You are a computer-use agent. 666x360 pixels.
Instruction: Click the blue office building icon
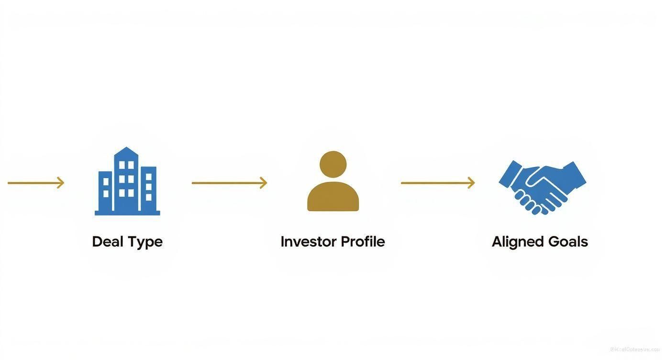coord(127,182)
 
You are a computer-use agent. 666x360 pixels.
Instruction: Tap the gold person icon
coord(333,182)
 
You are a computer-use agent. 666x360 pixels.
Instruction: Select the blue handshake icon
coord(542,187)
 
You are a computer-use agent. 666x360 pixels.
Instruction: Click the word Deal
coord(107,241)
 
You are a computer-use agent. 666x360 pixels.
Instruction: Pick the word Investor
coord(308,241)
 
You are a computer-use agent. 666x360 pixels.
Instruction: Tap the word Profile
coord(363,241)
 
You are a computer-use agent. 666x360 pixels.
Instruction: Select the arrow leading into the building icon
coord(36,183)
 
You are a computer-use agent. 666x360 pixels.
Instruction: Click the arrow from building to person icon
coord(229,183)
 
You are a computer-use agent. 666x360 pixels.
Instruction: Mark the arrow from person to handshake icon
coord(438,183)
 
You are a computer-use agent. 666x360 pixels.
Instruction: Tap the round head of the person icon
coord(333,164)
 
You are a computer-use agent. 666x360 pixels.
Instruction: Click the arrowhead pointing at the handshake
coord(471,183)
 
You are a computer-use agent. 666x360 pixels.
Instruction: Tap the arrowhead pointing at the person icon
coord(263,183)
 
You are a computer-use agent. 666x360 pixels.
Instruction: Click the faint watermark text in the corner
coord(634,349)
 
